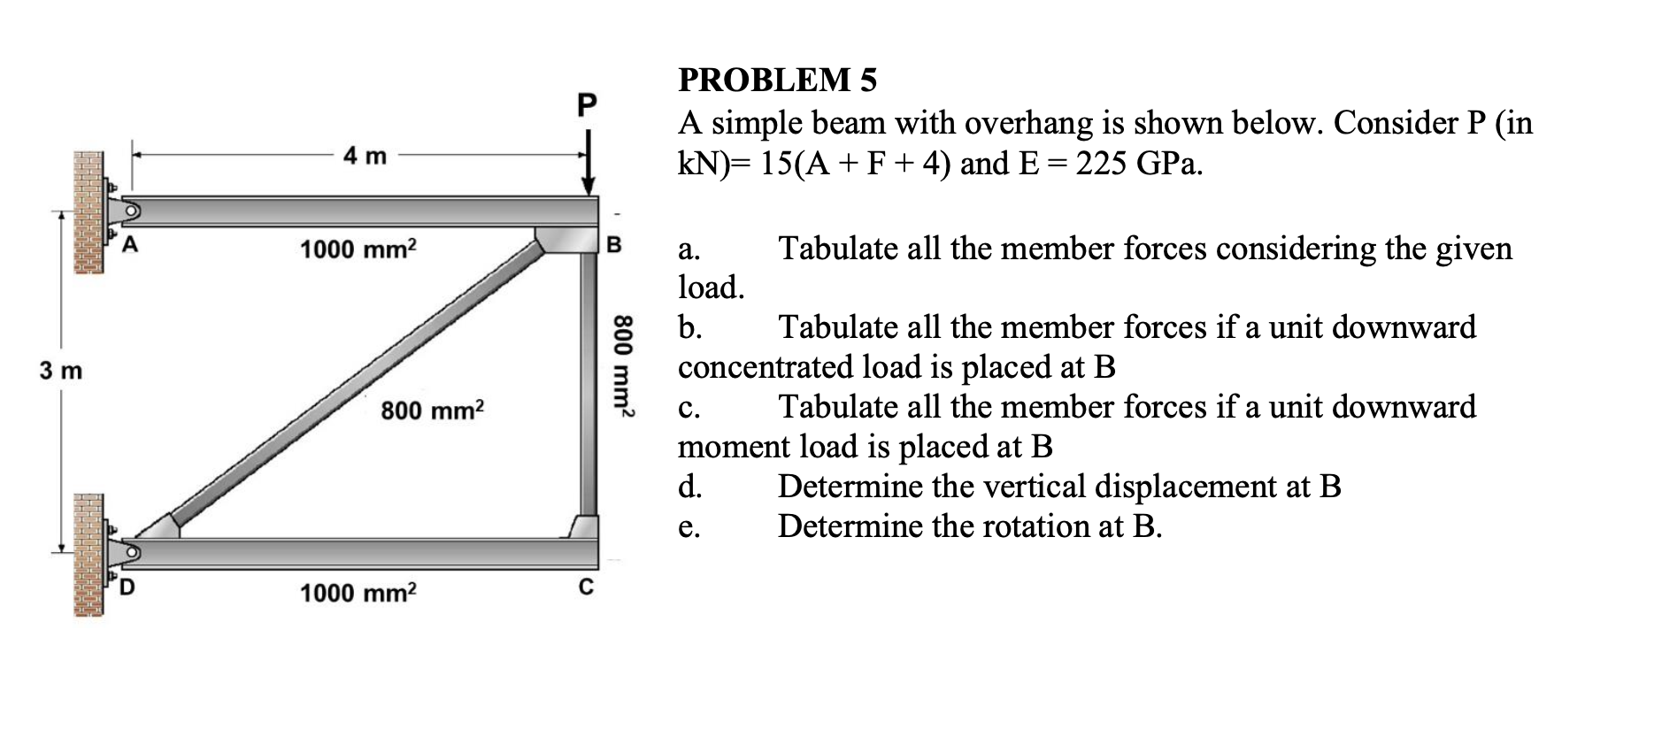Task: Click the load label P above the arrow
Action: click(x=586, y=104)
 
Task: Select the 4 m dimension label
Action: click(x=365, y=157)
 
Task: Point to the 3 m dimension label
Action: click(x=60, y=371)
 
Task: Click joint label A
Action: click(x=130, y=245)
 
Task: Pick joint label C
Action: click(x=584, y=587)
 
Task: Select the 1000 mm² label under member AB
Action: click(x=358, y=249)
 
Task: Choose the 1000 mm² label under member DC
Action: click(x=358, y=592)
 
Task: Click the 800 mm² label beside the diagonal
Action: click(x=433, y=411)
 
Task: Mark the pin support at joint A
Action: click(x=128, y=211)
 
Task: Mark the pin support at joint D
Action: click(x=128, y=552)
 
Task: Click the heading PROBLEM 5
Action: click(x=777, y=80)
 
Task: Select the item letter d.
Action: click(x=689, y=487)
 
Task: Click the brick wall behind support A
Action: click(x=88, y=211)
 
